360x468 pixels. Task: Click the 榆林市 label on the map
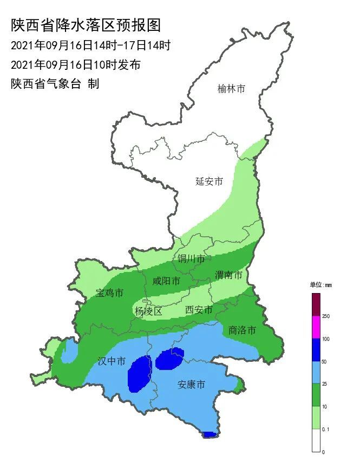click(231, 88)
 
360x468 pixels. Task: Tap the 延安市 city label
click(209, 181)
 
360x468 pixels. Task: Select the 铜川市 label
click(192, 259)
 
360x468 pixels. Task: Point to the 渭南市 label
click(228, 275)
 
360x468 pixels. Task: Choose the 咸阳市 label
click(166, 281)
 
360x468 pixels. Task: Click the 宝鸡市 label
click(110, 293)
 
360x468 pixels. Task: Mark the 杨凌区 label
click(148, 311)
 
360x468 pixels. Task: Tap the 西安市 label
click(199, 310)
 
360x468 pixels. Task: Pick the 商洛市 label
click(242, 330)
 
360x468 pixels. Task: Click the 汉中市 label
click(112, 361)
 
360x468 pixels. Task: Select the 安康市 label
click(192, 385)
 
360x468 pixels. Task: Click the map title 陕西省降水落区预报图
click(87, 25)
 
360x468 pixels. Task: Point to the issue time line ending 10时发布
click(76, 64)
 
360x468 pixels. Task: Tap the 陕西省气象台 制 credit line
click(55, 84)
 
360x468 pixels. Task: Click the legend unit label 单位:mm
click(320, 285)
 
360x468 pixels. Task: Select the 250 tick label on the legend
click(326, 316)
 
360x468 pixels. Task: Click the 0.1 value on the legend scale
click(326, 429)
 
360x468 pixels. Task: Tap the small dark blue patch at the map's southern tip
click(210, 434)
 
